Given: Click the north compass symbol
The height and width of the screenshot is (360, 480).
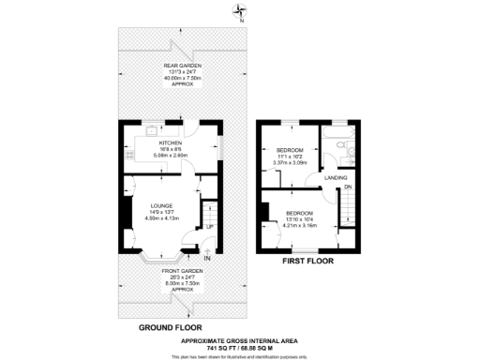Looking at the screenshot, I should click(241, 12).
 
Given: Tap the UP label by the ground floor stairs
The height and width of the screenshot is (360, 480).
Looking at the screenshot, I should click(209, 227).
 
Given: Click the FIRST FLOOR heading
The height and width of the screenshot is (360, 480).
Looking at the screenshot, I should click(308, 263).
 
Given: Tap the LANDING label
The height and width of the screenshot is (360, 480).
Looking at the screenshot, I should click(336, 176).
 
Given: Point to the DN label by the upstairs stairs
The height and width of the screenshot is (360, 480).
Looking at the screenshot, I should click(348, 187).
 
